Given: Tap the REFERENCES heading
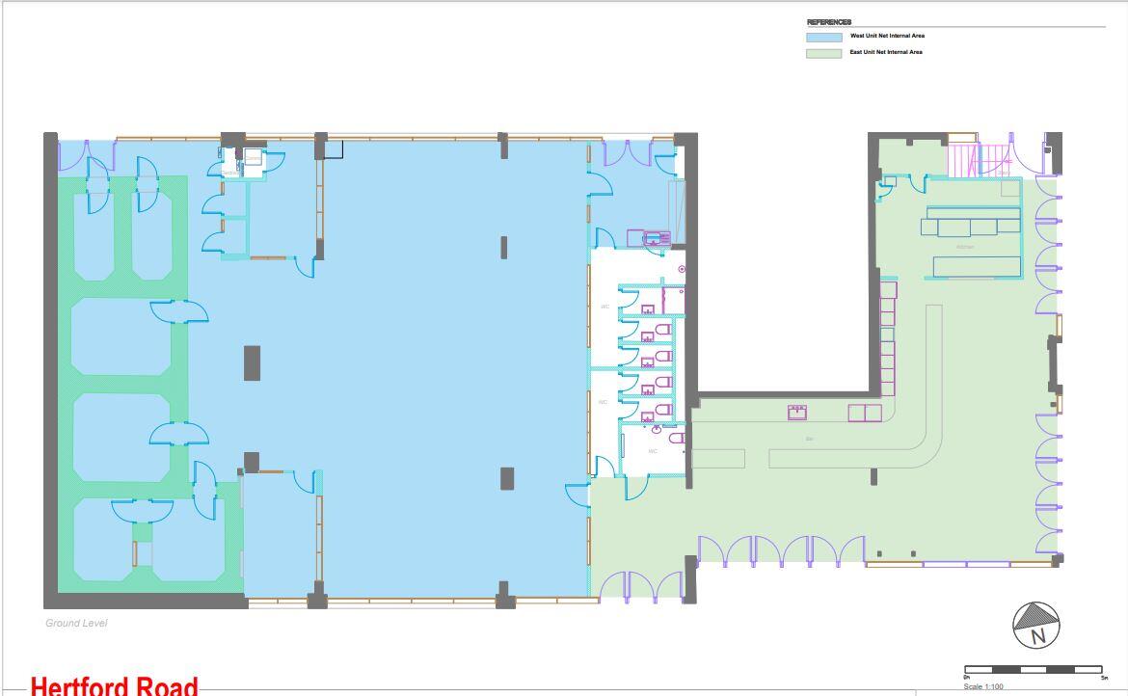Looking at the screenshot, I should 829,22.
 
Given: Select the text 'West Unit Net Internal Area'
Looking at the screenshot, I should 887,36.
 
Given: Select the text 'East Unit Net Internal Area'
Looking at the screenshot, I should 886,52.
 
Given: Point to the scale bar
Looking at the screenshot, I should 1034,669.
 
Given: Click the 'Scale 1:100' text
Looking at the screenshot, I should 983,686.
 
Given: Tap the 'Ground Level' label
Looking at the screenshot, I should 76,623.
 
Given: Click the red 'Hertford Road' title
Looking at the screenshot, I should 114,685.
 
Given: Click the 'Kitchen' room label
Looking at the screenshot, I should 965,248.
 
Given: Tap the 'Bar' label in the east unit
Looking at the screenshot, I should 810,439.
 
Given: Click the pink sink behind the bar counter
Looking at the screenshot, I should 797,413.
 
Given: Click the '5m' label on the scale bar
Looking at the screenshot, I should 1104,678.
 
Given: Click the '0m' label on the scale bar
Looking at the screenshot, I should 967,678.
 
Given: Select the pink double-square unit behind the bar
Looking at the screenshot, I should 864,413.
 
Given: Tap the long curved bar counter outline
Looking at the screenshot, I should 933,424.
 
